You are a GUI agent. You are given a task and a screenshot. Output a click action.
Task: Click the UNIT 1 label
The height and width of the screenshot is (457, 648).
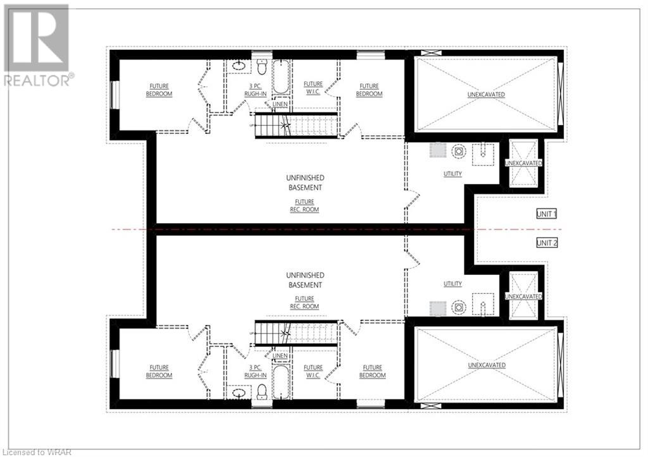click(x=546, y=214)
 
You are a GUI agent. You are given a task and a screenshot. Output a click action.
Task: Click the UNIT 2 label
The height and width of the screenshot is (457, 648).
click(x=546, y=243)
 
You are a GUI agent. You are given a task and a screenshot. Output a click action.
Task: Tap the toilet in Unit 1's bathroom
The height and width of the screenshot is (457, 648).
click(x=261, y=67)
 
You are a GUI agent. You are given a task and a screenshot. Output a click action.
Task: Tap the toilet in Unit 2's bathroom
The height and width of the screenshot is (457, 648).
click(x=261, y=391)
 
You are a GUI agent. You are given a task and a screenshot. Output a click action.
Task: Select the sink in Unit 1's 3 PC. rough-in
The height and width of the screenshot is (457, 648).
click(x=239, y=66)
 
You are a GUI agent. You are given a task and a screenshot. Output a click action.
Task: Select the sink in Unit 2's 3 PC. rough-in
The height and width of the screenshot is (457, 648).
click(x=239, y=393)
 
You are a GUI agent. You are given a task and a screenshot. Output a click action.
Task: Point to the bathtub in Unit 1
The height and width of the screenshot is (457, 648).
click(x=282, y=77)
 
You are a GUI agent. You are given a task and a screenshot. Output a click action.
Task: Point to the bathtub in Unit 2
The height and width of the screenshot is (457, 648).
click(x=282, y=382)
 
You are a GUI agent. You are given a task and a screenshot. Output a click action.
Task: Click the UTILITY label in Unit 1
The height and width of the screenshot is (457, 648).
click(x=452, y=174)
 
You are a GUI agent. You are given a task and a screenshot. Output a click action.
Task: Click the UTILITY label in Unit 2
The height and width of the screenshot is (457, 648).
click(x=452, y=284)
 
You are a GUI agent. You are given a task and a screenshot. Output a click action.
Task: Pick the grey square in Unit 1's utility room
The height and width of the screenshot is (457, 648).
click(x=438, y=150)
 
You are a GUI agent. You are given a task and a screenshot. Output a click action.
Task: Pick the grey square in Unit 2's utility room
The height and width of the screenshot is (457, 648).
click(x=438, y=308)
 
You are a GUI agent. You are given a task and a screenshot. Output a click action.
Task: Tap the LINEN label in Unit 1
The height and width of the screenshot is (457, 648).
click(x=280, y=104)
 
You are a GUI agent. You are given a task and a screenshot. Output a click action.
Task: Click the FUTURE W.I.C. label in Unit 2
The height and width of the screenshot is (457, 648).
click(x=313, y=371)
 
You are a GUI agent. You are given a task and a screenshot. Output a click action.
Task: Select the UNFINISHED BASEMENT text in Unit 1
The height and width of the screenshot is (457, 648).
click(x=305, y=183)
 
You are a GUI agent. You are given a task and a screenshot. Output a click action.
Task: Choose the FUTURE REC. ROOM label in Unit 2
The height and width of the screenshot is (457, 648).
click(x=304, y=303)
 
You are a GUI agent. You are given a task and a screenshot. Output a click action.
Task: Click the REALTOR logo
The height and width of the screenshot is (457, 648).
click(x=37, y=46)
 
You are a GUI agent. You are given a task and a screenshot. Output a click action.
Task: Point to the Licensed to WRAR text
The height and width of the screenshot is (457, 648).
click(x=36, y=453)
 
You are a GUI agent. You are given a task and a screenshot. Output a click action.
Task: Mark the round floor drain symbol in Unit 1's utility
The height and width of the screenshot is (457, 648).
click(x=458, y=151)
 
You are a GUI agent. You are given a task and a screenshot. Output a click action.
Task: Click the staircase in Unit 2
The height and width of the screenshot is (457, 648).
click(x=296, y=332)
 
